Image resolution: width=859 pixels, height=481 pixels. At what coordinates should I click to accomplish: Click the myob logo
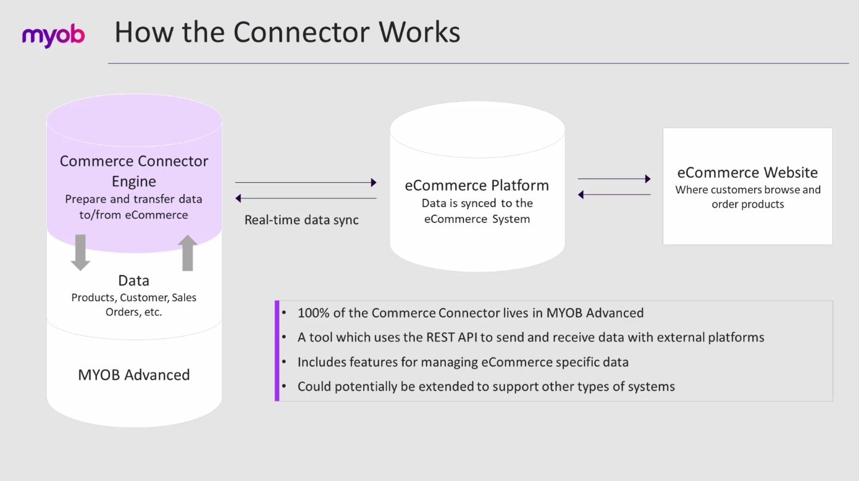pyautogui.click(x=53, y=36)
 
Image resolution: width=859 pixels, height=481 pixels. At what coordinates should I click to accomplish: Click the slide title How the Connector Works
pyautogui.click(x=287, y=32)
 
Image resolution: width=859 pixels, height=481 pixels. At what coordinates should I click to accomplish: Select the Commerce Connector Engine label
pyautogui.click(x=134, y=171)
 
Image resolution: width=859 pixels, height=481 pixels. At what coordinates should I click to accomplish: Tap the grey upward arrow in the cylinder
pyautogui.click(x=188, y=253)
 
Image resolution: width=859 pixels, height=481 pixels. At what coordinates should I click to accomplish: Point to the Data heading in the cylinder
pyautogui.click(x=134, y=281)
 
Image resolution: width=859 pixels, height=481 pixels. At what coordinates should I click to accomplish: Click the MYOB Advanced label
pyautogui.click(x=134, y=375)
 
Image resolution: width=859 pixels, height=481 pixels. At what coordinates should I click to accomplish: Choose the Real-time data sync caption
pyautogui.click(x=301, y=220)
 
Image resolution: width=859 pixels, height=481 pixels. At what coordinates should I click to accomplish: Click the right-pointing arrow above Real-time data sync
pyautogui.click(x=306, y=182)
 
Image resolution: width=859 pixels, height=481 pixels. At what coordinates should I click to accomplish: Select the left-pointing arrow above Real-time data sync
pyautogui.click(x=306, y=198)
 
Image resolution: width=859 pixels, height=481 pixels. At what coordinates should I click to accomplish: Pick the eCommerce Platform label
pyautogui.click(x=477, y=185)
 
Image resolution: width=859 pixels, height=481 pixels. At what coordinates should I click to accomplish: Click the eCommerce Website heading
pyautogui.click(x=747, y=172)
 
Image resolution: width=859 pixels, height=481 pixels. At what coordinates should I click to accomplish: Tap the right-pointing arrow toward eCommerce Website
pyautogui.click(x=614, y=179)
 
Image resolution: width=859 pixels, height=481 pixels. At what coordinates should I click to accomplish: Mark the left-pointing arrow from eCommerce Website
pyautogui.click(x=614, y=194)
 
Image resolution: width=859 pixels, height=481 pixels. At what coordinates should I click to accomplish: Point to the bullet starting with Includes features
pyautogui.click(x=463, y=362)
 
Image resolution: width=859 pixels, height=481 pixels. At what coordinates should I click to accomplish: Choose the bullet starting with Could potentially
pyautogui.click(x=486, y=387)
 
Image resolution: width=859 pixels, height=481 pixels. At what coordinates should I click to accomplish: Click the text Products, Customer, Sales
pyautogui.click(x=134, y=298)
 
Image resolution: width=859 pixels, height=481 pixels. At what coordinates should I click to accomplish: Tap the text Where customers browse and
pyautogui.click(x=748, y=190)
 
